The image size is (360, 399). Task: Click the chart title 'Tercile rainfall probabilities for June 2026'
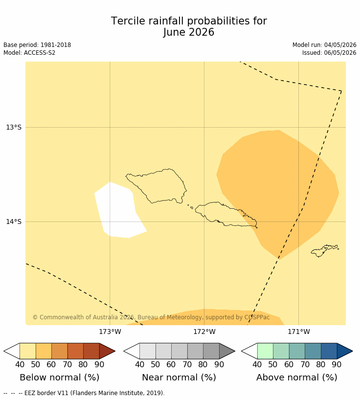point(189,26)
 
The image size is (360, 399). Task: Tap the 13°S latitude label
point(14,127)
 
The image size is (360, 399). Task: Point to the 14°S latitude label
point(14,222)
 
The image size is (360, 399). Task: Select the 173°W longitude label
point(110,332)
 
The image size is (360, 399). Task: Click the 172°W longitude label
point(204,332)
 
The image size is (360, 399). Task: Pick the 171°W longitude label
point(299,332)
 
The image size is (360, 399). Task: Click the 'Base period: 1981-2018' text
point(37,45)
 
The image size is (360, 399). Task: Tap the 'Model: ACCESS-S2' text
point(29,53)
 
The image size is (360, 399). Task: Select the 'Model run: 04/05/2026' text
point(324,45)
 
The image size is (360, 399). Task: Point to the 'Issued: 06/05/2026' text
point(329,53)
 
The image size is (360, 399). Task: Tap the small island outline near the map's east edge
point(325,251)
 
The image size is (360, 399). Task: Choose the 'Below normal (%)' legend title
point(59,377)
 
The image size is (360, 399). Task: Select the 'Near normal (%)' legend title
point(179,377)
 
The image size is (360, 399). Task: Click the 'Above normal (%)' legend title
point(296,377)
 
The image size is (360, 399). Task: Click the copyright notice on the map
point(151,317)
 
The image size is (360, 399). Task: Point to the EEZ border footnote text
point(84,393)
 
